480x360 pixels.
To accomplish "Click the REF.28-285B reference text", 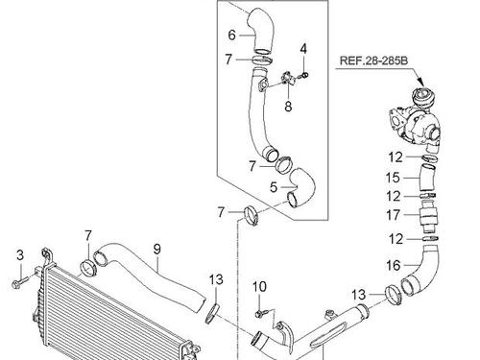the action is point(373,60).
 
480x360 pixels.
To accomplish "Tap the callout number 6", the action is point(231,35).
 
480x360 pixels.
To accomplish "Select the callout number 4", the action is point(303,49).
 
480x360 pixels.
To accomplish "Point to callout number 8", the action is point(288,107).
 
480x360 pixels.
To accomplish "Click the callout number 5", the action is point(273,187).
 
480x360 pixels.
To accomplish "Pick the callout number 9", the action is point(156,250).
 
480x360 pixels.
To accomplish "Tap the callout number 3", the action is point(20,255).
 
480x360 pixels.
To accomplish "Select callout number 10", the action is point(259,287).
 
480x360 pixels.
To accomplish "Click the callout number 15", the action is point(393,178).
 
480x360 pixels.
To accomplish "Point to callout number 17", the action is point(393,215).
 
